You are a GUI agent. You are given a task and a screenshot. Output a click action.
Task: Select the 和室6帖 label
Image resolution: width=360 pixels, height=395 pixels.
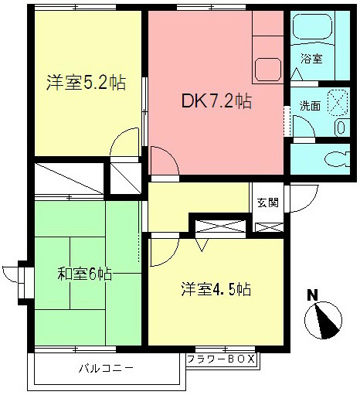85,274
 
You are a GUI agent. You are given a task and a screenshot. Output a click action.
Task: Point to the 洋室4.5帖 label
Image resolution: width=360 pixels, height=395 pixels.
216,289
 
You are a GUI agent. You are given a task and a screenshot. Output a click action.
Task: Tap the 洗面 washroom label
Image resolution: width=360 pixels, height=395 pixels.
311,106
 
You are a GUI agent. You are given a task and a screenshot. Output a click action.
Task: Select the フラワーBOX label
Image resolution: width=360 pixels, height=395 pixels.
221,359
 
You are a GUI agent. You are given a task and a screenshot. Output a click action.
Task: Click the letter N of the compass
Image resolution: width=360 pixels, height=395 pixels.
312,295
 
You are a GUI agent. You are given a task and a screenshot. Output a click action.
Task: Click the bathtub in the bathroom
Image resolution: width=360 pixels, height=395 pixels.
317,30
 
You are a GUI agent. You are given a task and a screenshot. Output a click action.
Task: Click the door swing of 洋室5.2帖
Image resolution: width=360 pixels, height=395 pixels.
121,143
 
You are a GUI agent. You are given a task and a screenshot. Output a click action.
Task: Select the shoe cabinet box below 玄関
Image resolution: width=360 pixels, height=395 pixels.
269,227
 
